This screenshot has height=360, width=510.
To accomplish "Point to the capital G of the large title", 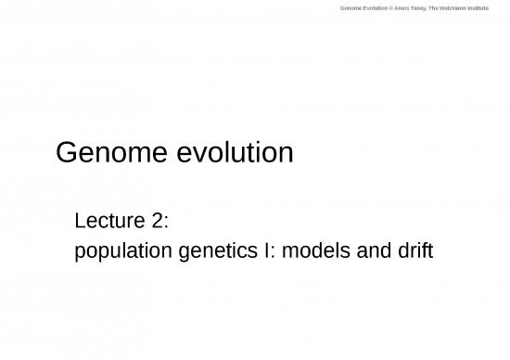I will click(68, 151).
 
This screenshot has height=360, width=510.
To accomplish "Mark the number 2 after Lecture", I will click(158, 220).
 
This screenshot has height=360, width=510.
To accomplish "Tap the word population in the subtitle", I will click(120, 251).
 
